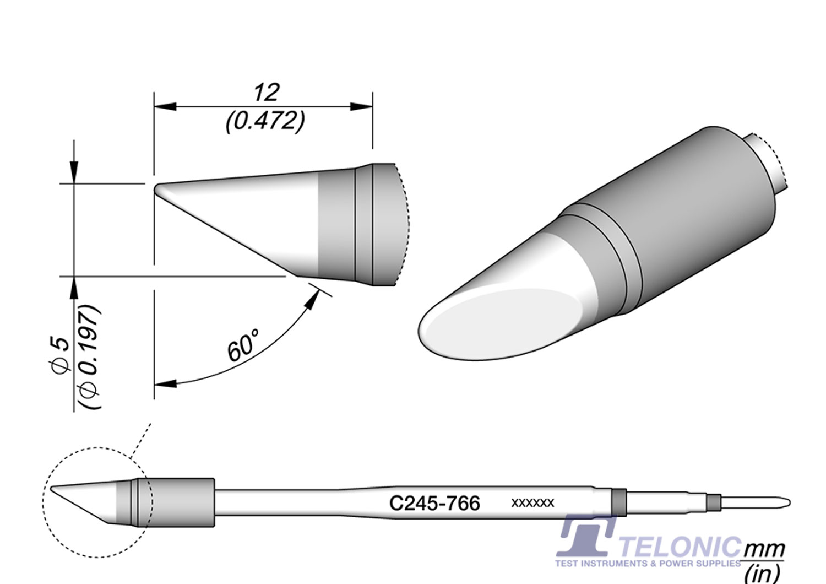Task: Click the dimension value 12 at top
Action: (266, 93)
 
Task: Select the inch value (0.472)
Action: (265, 121)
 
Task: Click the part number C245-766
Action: (434, 503)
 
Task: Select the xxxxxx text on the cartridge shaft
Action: (532, 503)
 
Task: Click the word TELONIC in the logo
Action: (681, 548)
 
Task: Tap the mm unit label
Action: (764, 549)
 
